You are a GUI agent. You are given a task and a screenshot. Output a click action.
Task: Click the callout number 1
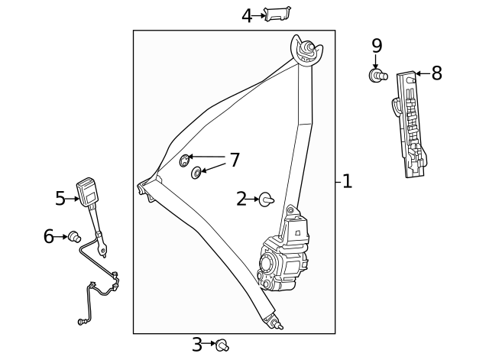347,182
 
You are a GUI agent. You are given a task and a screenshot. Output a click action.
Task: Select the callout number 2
241,199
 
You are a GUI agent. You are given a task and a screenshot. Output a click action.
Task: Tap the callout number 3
197,345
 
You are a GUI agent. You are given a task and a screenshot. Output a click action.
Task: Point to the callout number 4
246,15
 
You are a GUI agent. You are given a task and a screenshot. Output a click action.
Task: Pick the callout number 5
60,199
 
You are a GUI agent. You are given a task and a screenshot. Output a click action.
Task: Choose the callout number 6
49,237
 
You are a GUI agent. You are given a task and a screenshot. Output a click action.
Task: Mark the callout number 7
235,161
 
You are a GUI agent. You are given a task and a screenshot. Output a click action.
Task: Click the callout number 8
436,73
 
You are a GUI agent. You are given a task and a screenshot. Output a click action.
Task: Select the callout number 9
376,47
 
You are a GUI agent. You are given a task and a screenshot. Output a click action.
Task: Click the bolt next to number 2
267,199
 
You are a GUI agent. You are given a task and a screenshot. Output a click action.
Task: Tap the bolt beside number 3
222,345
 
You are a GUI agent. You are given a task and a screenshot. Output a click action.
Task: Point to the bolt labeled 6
75,236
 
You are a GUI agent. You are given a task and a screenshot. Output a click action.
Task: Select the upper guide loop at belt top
307,51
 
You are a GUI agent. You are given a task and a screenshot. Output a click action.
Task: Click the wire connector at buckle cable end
82,322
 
